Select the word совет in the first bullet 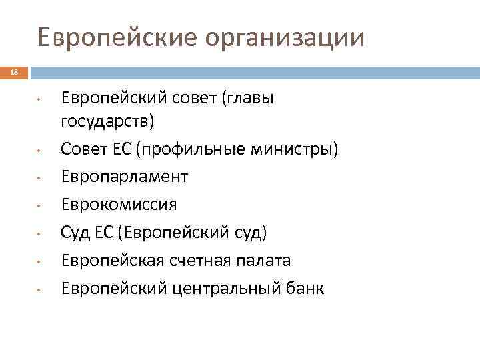tap(187, 99)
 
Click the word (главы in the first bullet tap(251, 99)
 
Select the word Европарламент tap(125, 177)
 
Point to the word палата tap(267, 261)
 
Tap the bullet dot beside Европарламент tap(40, 178)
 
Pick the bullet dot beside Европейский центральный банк tap(40, 289)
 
